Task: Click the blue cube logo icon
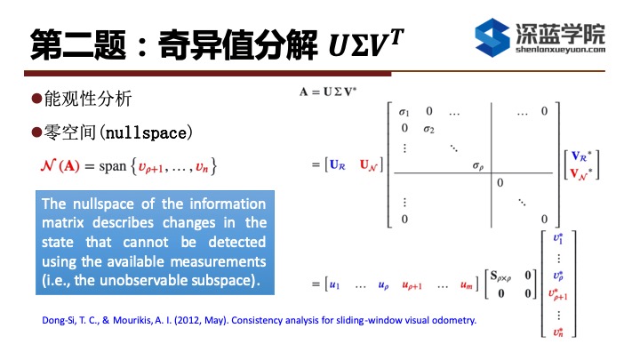(492, 37)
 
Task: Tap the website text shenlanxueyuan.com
(560, 50)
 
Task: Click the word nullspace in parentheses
(146, 133)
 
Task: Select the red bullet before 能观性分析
(36, 99)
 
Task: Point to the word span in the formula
(113, 166)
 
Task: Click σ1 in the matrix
(404, 111)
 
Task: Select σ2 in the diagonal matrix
(428, 130)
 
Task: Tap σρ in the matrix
(478, 165)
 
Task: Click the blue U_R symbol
(338, 165)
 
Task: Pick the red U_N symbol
(369, 165)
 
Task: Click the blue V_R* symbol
(581, 156)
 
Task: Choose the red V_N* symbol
(581, 174)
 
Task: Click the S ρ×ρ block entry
(500, 276)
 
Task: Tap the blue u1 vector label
(334, 285)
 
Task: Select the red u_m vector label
(467, 285)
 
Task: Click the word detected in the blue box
(237, 242)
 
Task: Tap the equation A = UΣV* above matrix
(328, 92)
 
